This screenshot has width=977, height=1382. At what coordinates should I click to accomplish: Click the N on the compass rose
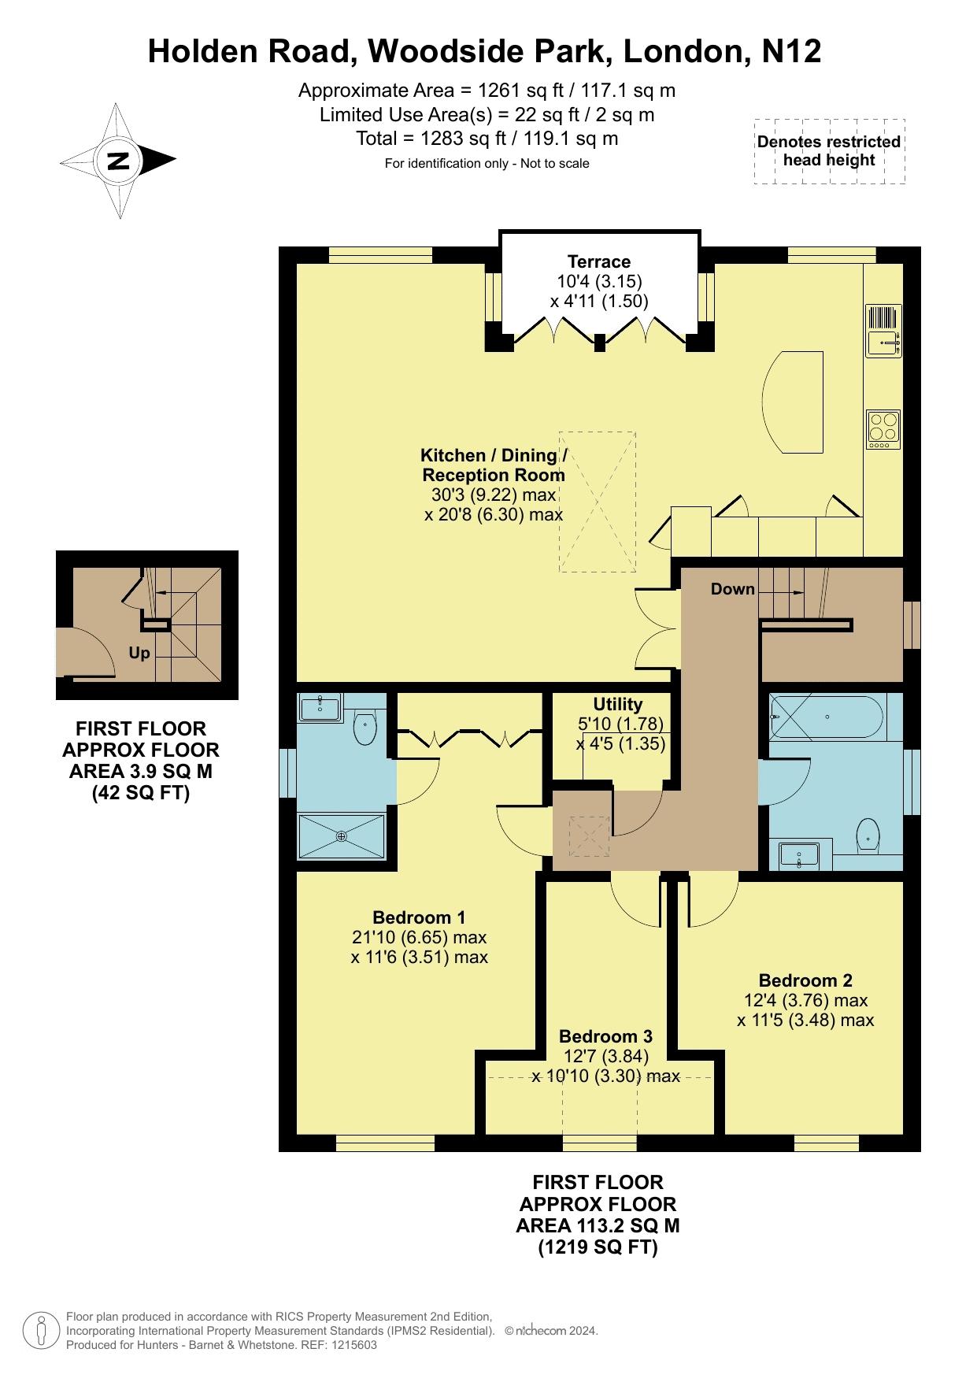[x=118, y=161]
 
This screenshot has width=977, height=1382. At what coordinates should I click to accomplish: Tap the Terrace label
[x=599, y=261]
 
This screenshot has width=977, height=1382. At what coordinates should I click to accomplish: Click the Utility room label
[x=618, y=704]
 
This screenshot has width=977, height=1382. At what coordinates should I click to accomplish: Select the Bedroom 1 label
[x=419, y=917]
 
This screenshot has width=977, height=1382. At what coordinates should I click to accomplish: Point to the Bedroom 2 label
[x=805, y=980]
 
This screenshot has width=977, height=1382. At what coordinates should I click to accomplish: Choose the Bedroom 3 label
[x=605, y=1036]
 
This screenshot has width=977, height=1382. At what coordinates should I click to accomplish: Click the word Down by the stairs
[x=733, y=589]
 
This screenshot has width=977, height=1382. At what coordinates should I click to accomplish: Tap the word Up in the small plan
[x=139, y=654]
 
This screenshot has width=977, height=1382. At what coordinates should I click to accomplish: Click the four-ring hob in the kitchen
[x=883, y=429]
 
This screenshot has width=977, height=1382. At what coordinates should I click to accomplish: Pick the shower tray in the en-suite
[x=342, y=835]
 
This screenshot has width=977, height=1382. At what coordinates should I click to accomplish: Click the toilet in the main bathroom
[x=867, y=835]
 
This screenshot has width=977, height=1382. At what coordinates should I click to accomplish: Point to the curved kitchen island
[x=793, y=402]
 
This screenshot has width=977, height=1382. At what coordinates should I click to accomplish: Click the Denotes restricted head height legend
[x=829, y=151]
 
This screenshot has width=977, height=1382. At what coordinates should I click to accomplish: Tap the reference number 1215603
[x=352, y=1345]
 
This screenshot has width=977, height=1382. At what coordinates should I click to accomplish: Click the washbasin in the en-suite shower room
[x=320, y=708]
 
